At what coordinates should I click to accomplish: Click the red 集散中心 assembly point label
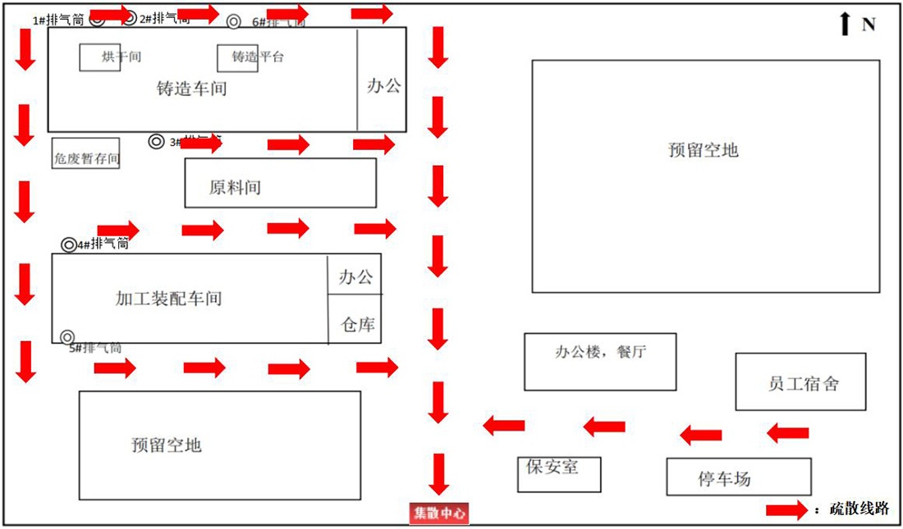(439, 513)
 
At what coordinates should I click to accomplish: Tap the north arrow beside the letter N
(845, 24)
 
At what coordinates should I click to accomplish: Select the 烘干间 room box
(100, 57)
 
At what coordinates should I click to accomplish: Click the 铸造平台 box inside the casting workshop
(237, 57)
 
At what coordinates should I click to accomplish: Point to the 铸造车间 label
(191, 89)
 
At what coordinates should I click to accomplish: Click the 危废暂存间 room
(86, 153)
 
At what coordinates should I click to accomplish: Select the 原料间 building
(280, 183)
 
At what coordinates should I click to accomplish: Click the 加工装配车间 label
(169, 299)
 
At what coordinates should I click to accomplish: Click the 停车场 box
(738, 477)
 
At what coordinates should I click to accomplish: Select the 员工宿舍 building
(800, 381)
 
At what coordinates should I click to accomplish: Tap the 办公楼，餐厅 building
(600, 361)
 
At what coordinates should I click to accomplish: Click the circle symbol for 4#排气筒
(69, 244)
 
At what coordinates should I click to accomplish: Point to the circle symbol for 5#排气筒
(67, 337)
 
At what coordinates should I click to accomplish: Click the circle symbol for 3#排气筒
(156, 141)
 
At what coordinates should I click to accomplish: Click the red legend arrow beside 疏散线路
(786, 510)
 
